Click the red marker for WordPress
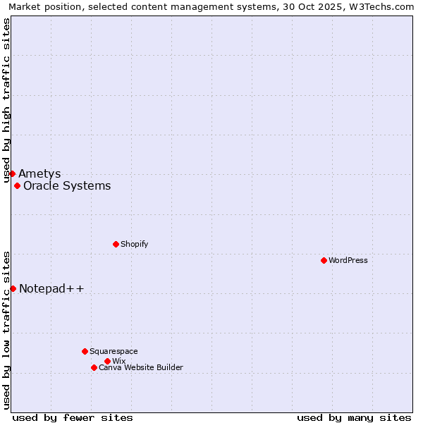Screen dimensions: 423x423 (x=324, y=260)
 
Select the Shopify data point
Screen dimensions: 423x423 (x=116, y=244)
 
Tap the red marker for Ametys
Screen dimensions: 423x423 (x=12, y=173)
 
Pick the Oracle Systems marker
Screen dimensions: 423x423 (x=17, y=185)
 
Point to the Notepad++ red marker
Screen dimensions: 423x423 (x=13, y=288)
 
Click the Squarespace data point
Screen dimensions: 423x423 (x=85, y=351)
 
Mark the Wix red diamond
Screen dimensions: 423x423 (x=107, y=361)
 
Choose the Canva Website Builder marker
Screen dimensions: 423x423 (x=94, y=367)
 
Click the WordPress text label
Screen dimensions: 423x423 (x=348, y=260)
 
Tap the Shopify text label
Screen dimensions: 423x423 (x=134, y=244)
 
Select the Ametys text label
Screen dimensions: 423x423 (x=39, y=173)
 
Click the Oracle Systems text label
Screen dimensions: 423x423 (x=67, y=186)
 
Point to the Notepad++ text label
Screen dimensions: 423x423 (x=51, y=288)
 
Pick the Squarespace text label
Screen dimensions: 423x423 (x=114, y=351)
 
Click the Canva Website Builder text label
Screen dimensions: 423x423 (x=141, y=367)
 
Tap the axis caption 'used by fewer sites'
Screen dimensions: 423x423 (x=73, y=417)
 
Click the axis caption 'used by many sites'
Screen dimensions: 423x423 (x=354, y=417)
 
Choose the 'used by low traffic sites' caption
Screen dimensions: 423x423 (x=7, y=329)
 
